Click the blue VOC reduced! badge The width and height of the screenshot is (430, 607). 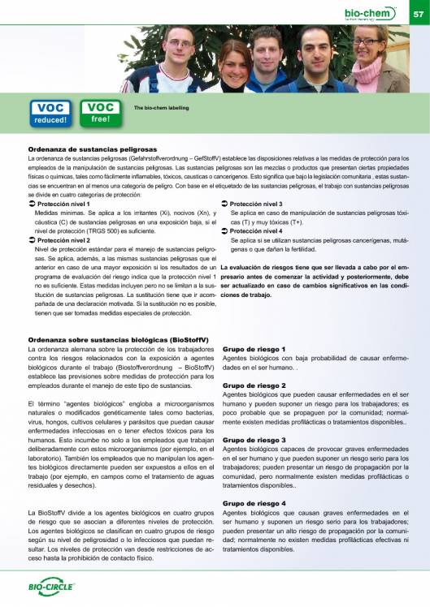52,114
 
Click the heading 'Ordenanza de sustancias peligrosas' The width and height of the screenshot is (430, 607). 92,150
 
